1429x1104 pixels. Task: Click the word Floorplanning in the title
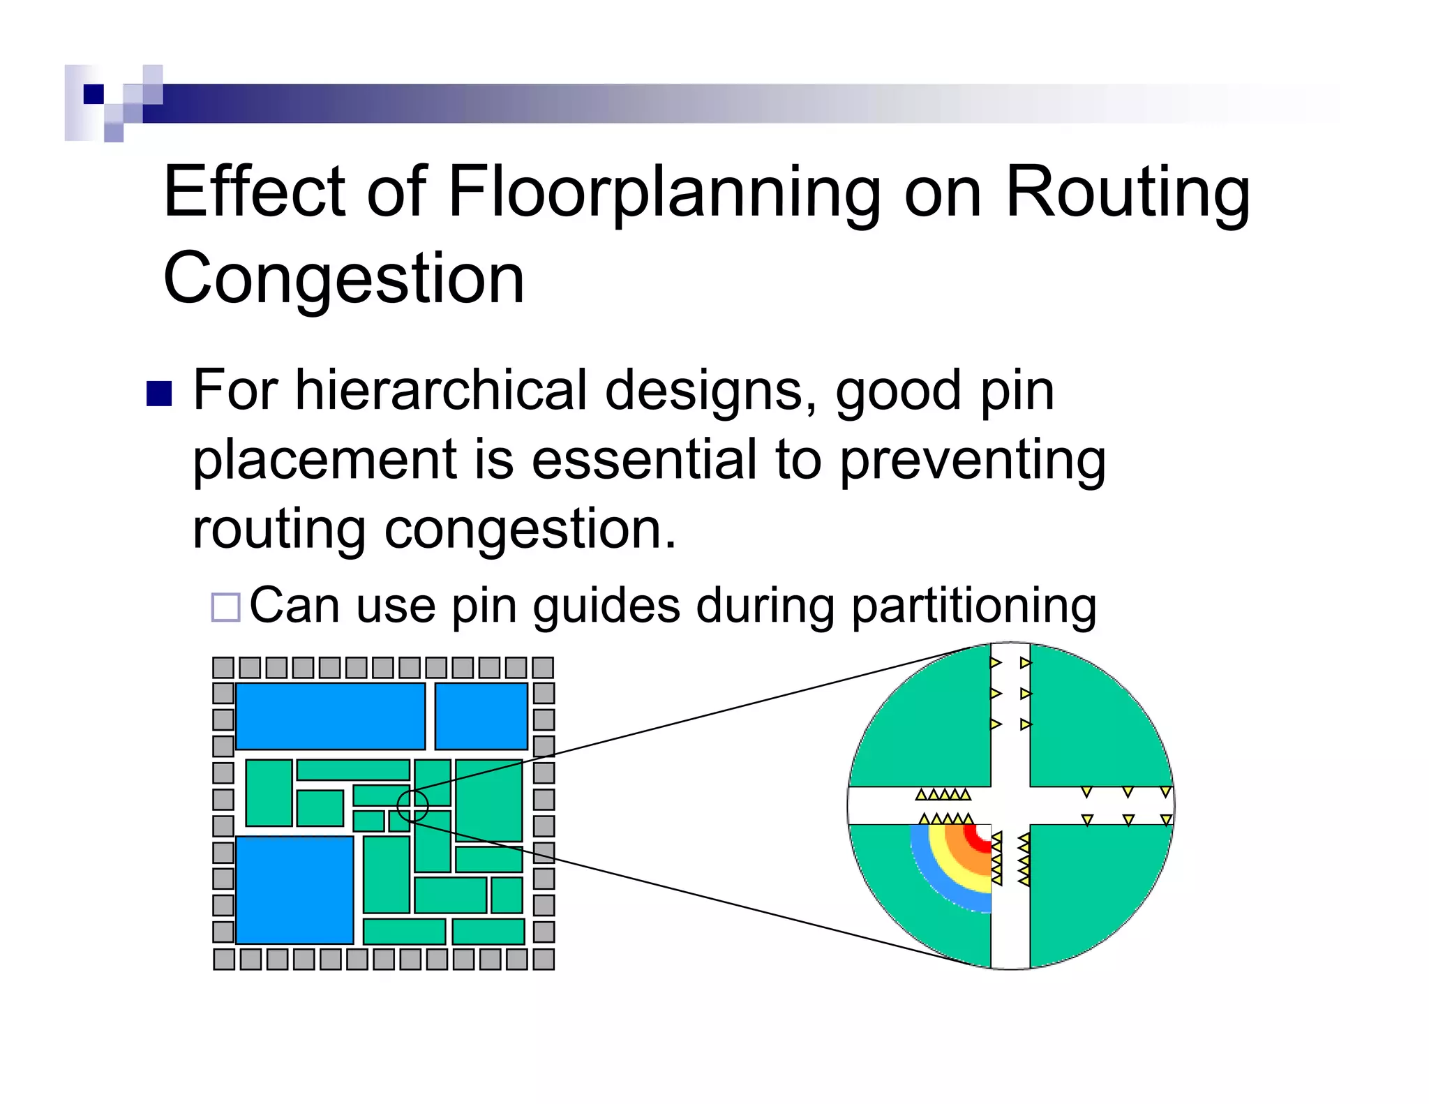pyautogui.click(x=663, y=192)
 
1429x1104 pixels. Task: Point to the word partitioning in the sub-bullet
pyautogui.click(x=973, y=606)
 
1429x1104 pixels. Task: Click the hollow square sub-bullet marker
pyautogui.click(x=226, y=607)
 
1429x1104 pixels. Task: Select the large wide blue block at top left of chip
pyautogui.click(x=330, y=716)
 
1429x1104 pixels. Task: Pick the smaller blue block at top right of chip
pyautogui.click(x=481, y=716)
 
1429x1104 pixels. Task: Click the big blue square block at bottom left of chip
pyautogui.click(x=294, y=890)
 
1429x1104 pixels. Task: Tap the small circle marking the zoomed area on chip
pyautogui.click(x=412, y=805)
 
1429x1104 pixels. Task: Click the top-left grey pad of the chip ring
pyautogui.click(x=223, y=668)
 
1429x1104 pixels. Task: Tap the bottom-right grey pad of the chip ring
pyautogui.click(x=544, y=960)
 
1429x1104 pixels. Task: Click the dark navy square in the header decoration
pyautogui.click(x=93, y=94)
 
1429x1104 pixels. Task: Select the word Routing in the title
pyautogui.click(x=1127, y=192)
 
